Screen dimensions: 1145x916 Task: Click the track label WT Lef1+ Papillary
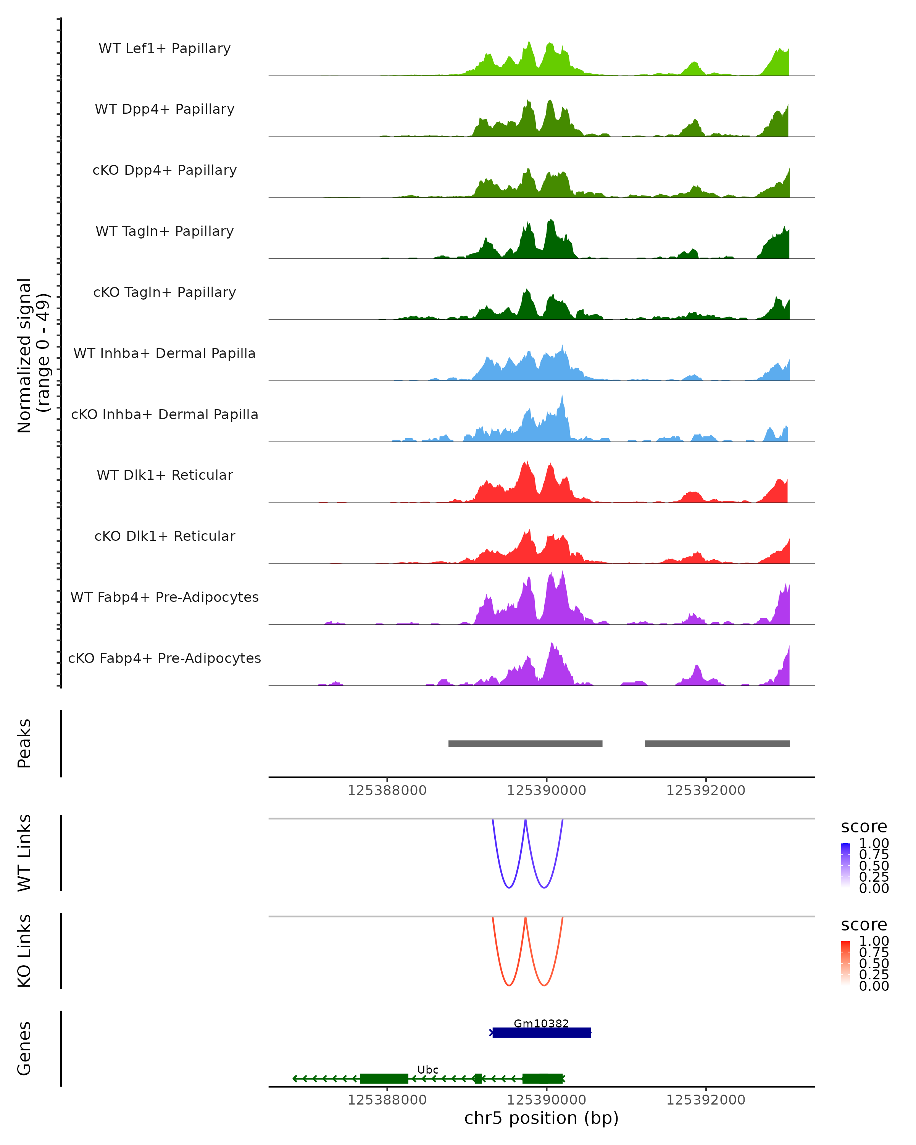164,48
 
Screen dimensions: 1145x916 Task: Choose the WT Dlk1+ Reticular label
164,475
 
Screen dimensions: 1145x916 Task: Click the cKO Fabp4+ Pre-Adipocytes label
164,658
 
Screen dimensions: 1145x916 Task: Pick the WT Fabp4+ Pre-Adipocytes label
164,597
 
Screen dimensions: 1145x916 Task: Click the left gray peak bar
525,743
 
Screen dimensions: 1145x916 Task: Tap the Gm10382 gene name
541,1023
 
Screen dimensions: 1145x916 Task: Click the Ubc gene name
427,1069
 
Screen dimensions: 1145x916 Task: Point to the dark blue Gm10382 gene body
541,1032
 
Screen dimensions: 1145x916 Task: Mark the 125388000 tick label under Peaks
387,790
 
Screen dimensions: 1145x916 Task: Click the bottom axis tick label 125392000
706,1100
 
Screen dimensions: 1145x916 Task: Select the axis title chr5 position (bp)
541,1118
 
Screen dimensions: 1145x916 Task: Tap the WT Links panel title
24,853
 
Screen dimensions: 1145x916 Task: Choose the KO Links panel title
24,951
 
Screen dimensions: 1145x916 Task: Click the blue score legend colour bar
845,864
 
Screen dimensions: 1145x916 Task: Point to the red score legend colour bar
845,962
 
